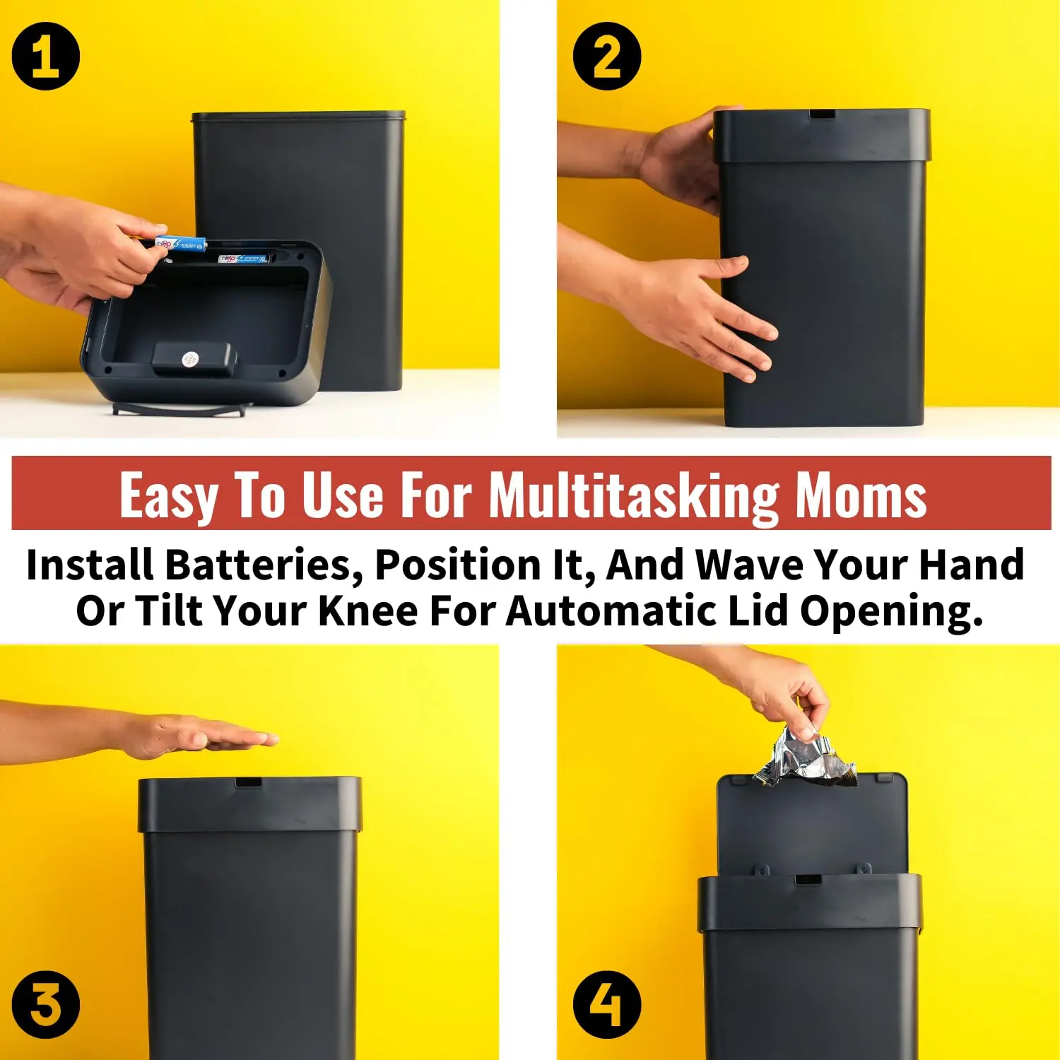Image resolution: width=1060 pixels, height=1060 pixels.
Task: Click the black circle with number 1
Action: pyautogui.click(x=46, y=57)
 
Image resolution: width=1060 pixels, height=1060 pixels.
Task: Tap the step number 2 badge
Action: pyautogui.click(x=606, y=57)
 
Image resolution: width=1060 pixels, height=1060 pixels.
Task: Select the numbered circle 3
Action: pyautogui.click(x=46, y=1004)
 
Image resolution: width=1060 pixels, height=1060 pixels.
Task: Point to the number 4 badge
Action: pyautogui.click(x=606, y=1004)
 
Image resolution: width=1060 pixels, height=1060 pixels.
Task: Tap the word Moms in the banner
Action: pyautogui.click(x=861, y=495)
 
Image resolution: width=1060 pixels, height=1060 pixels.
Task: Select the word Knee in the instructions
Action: pyautogui.click(x=367, y=611)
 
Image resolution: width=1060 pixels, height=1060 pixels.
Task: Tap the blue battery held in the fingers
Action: pyautogui.click(x=179, y=245)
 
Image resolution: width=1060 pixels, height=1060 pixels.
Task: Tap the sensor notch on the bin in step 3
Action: pyautogui.click(x=248, y=783)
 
